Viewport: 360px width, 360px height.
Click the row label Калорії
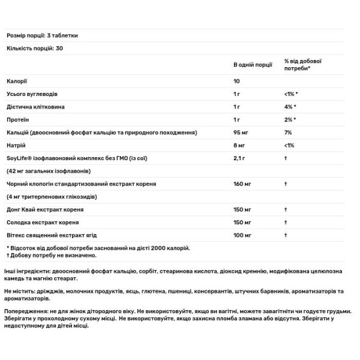[17, 80]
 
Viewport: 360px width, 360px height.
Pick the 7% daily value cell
[288, 132]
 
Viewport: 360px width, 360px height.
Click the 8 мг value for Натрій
[239, 145]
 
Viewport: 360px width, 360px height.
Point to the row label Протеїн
[19, 119]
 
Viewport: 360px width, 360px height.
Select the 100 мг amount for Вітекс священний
[242, 235]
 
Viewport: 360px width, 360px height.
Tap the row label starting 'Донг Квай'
[45, 210]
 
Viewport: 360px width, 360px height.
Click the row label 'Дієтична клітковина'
[35, 106]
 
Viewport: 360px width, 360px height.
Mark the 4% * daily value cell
[291, 106]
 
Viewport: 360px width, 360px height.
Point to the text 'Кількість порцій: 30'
[35, 47]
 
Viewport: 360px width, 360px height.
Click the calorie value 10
[237, 80]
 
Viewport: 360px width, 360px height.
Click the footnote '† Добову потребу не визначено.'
[49, 255]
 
